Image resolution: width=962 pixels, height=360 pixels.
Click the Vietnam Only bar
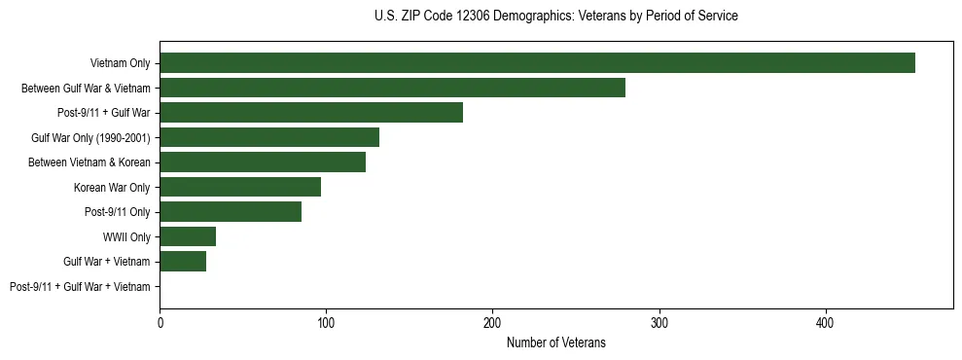click(537, 63)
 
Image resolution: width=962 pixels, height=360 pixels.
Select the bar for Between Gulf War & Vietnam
click(392, 88)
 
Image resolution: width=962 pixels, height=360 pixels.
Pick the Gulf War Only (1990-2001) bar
click(269, 137)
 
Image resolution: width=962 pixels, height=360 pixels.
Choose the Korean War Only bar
click(240, 187)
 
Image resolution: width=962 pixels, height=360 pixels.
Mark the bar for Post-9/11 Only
click(231, 212)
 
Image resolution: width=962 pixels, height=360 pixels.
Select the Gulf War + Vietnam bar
click(183, 262)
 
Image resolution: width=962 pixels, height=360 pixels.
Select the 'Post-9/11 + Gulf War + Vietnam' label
click(80, 287)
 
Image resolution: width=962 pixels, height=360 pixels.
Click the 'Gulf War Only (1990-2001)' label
click(90, 137)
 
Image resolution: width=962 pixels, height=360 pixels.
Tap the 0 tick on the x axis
click(160, 322)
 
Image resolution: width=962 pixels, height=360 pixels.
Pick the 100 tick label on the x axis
click(326, 322)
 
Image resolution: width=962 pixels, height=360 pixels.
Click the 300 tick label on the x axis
click(659, 322)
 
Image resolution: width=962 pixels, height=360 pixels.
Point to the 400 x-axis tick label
click(826, 322)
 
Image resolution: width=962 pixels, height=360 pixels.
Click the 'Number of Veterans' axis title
click(555, 342)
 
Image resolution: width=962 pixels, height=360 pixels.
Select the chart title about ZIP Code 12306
click(555, 17)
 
